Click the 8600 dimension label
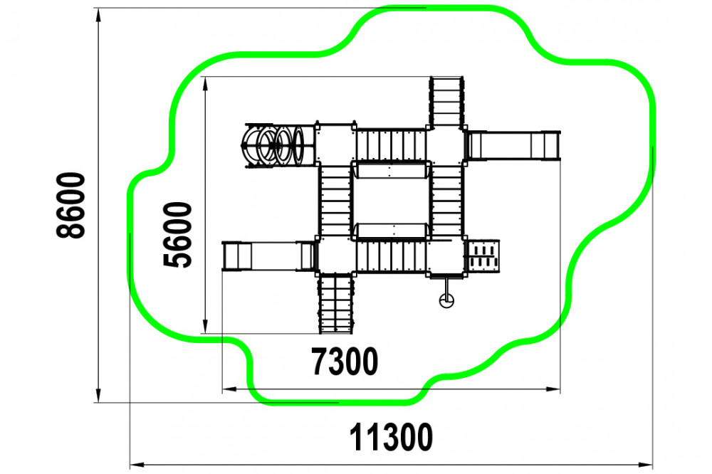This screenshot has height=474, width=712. (70, 205)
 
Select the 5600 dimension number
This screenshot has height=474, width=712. (177, 234)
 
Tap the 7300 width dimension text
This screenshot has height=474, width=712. (345, 362)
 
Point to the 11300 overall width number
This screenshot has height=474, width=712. (391, 437)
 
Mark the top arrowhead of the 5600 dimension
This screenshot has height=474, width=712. (205, 83)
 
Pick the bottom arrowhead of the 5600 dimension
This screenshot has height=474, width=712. (205, 327)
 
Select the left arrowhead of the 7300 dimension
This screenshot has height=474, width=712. (229, 389)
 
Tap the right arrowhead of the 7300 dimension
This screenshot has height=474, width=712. (553, 389)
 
